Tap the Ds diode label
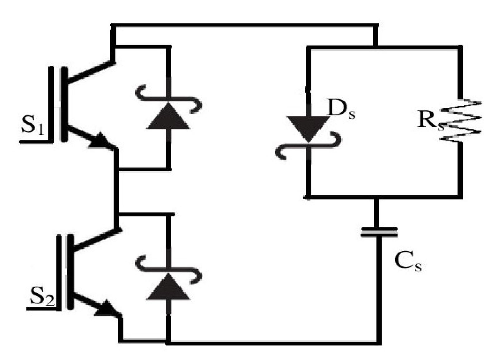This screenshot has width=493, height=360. click(341, 109)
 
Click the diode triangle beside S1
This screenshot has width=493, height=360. click(168, 117)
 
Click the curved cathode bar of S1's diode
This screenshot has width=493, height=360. click(168, 99)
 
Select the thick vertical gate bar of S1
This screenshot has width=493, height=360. click(64, 105)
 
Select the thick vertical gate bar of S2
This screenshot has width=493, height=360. click(70, 271)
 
